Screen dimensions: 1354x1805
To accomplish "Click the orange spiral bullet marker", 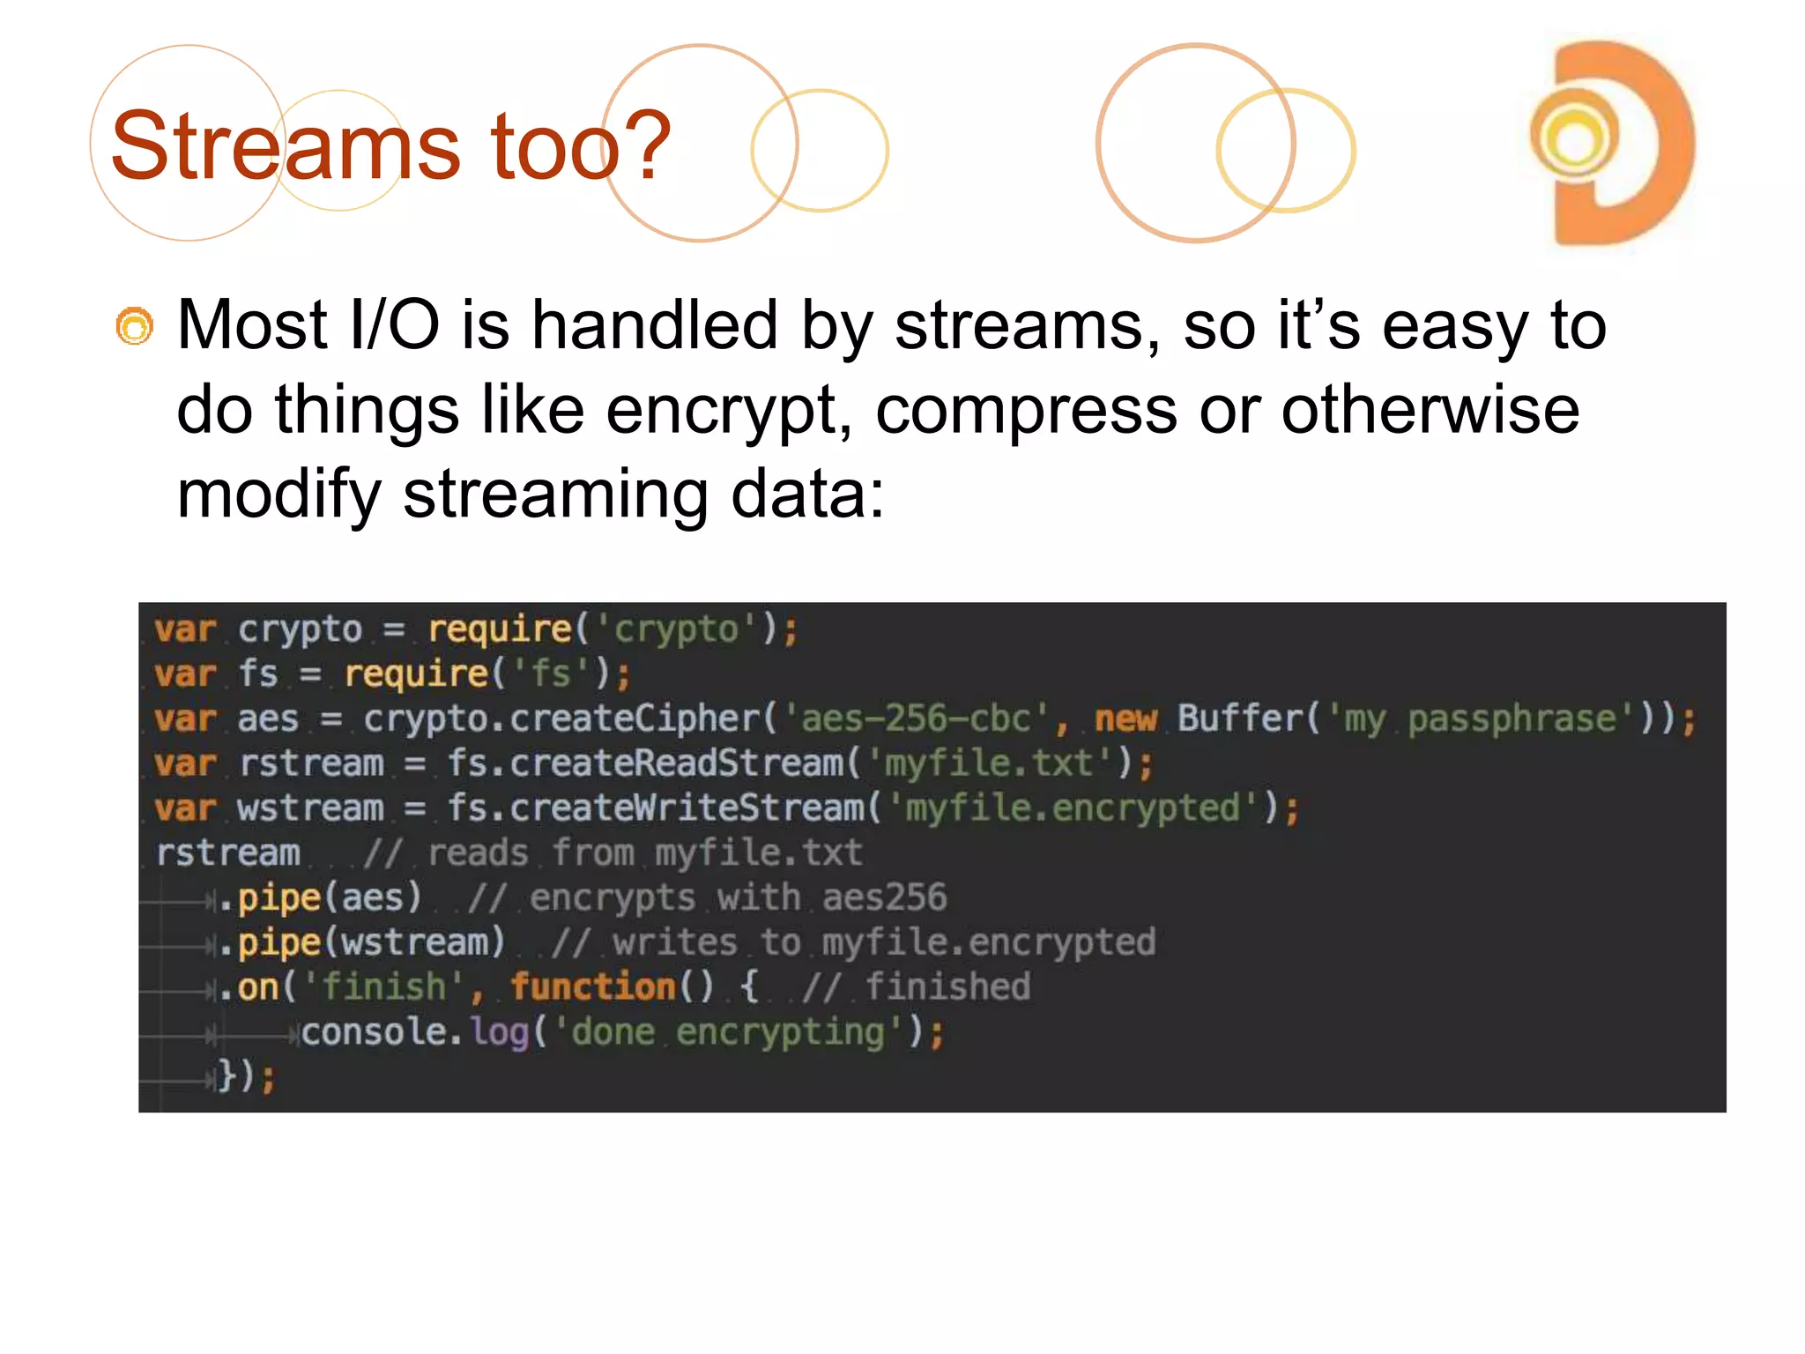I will pyautogui.click(x=135, y=326).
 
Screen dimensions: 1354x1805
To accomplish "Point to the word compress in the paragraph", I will pyautogui.click(x=1026, y=411).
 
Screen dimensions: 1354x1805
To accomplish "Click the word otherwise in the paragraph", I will pyautogui.click(x=1430, y=411).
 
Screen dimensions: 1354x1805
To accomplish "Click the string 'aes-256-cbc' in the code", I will pyautogui.click(x=916, y=718).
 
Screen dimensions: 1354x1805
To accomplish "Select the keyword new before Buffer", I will pyautogui.click(x=1125, y=718).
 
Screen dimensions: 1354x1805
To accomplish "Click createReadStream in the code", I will pyautogui.click(x=676, y=763).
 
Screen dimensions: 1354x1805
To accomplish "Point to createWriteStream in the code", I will pyautogui.click(x=687, y=808).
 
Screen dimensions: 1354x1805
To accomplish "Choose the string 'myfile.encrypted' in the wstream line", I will pyautogui.click(x=1073, y=808).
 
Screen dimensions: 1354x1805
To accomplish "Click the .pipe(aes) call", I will pyautogui.click(x=320, y=898).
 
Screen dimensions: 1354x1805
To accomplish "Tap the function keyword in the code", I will pyautogui.click(x=593, y=987).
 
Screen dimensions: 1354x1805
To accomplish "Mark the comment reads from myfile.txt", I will pyautogui.click(x=613, y=853).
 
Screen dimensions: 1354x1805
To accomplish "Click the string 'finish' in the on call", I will pyautogui.click(x=383, y=987).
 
